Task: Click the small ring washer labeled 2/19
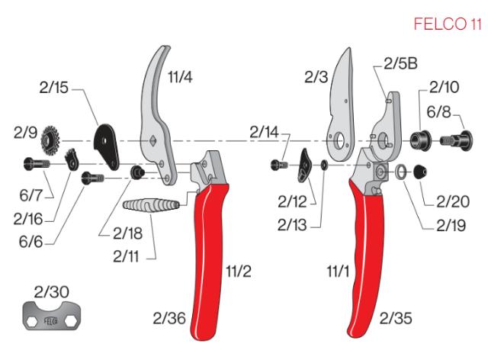399,173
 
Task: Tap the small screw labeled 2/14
278,164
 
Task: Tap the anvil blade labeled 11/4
159,107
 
